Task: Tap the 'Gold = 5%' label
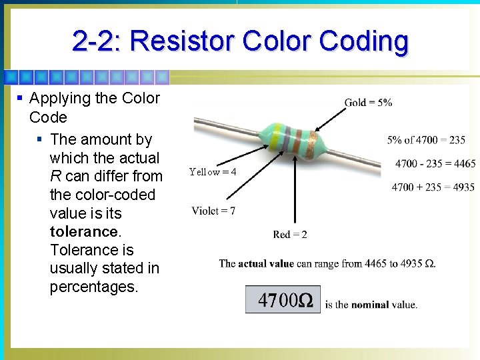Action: (x=368, y=103)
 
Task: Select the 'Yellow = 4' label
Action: (x=213, y=172)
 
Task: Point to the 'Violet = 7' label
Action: (x=213, y=211)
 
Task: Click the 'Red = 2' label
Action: (x=290, y=235)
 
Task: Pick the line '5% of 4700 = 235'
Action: (x=426, y=140)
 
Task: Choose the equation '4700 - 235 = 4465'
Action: (x=435, y=164)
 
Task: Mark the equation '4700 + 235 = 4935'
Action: (x=433, y=187)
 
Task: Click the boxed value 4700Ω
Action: (x=283, y=300)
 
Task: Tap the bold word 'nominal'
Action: (x=371, y=305)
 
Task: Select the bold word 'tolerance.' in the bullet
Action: (x=84, y=231)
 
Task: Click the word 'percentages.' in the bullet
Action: (x=92, y=287)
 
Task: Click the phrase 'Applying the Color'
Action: (x=95, y=99)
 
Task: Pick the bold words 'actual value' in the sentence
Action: (x=266, y=263)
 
